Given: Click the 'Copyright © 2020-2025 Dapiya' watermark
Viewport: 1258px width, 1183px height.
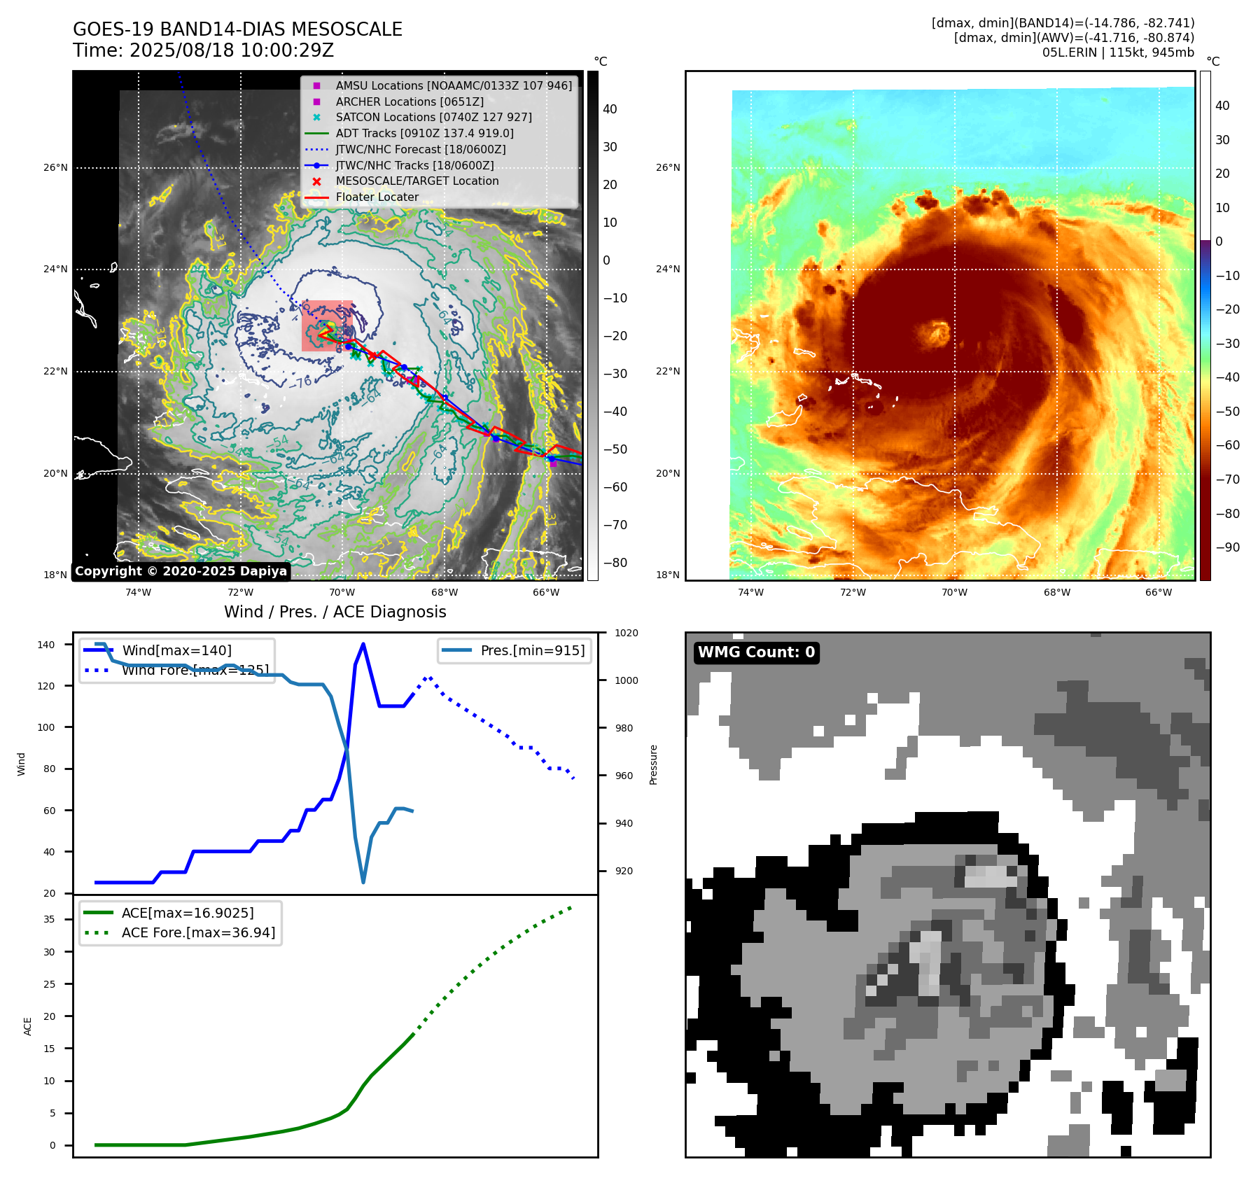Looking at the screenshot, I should [181, 571].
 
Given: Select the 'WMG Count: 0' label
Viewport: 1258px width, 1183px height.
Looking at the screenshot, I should [756, 652].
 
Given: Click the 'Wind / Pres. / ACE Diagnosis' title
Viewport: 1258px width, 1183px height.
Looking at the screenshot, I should [335, 612].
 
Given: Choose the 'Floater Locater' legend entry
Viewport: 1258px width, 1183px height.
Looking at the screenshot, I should [377, 197].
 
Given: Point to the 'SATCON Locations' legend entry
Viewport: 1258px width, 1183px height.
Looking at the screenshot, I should [433, 118].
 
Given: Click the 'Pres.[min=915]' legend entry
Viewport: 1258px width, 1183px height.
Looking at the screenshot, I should [532, 650].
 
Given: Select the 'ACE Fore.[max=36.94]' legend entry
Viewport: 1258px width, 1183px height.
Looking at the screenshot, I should [198, 932].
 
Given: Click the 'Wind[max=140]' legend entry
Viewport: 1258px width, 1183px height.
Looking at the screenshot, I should [176, 650].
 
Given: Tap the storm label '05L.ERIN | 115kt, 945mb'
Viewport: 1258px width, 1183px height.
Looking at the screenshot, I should [1118, 52].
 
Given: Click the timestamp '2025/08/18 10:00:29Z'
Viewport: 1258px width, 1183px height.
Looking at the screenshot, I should [232, 50].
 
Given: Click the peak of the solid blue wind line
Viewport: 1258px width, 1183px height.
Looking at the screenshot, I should [363, 644].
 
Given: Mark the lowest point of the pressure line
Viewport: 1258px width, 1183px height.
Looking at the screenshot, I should [363, 882].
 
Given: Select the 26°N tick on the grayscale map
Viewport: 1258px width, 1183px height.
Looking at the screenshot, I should [56, 167].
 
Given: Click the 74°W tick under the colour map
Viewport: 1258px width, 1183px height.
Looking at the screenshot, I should [750, 592].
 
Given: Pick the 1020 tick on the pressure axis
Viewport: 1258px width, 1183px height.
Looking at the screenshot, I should [626, 633].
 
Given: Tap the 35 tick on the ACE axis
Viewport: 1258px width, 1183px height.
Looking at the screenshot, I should [50, 919].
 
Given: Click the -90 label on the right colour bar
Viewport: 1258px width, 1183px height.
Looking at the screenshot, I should [1227, 547].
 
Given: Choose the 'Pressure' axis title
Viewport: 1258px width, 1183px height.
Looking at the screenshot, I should [653, 764].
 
